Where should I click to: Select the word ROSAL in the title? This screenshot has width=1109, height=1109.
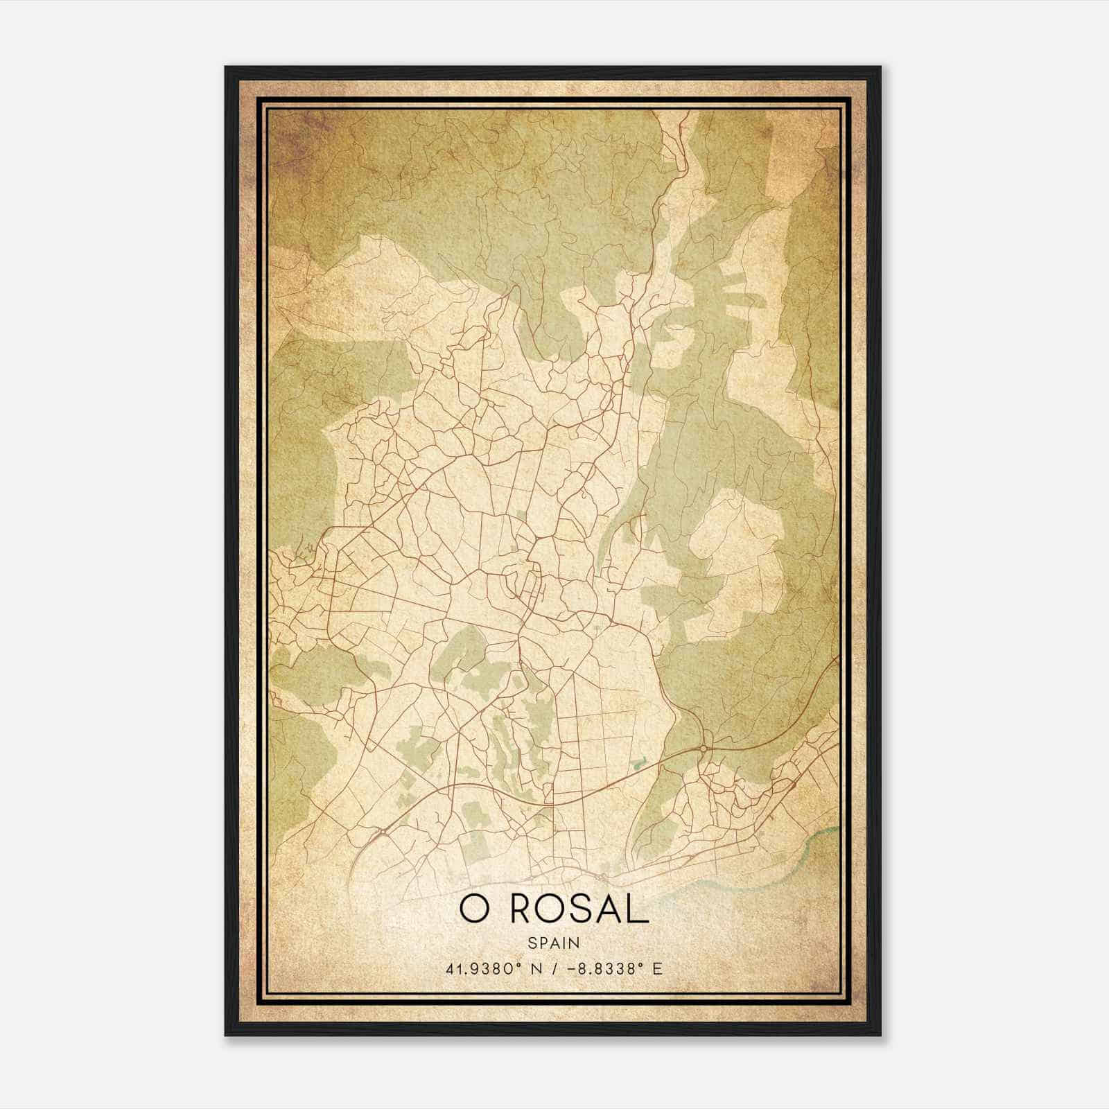[x=579, y=910]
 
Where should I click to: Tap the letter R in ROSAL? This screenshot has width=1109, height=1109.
[x=525, y=910]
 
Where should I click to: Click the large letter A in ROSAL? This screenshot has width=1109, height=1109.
[x=611, y=910]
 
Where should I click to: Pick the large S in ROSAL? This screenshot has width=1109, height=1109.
[x=584, y=910]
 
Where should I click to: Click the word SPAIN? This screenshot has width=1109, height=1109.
[x=554, y=943]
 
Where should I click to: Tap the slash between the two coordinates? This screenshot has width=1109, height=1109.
[x=554, y=968]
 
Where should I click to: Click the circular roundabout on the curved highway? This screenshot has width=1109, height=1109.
[x=704, y=749]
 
